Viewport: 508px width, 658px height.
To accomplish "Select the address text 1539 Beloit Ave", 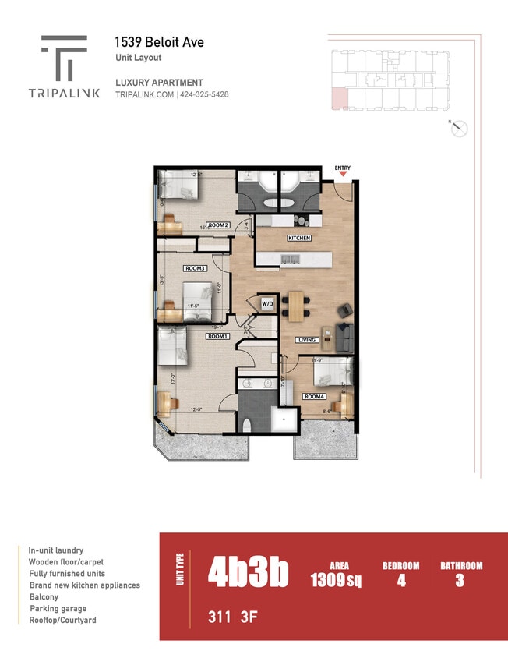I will (159, 42).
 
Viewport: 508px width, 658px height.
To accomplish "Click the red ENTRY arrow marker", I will (342, 175).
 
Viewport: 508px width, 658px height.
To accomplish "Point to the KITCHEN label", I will (299, 238).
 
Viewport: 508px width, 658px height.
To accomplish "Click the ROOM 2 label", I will (218, 225).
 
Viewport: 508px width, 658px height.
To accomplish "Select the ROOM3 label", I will (195, 268).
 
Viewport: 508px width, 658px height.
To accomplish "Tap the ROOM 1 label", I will (217, 336).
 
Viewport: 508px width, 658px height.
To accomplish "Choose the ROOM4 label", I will (313, 397).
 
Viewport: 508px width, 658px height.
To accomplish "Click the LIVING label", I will (306, 340).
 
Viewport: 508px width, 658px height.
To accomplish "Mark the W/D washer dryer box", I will (267, 303).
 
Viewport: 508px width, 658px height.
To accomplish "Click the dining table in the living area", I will (295, 306).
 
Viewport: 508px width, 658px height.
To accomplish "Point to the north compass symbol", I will (459, 129).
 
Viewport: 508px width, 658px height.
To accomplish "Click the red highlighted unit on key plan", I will (339, 98).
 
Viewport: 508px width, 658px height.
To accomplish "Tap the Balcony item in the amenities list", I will (44, 597).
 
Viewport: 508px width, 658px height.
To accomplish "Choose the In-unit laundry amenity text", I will (56, 550).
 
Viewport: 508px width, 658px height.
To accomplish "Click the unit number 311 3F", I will (232, 618).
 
